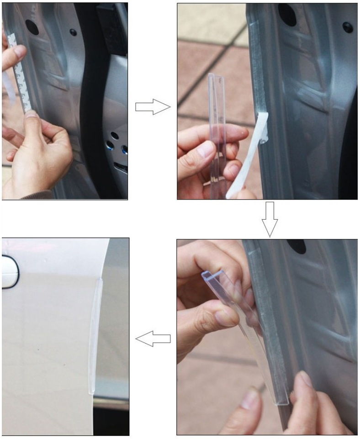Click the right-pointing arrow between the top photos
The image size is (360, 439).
click(153, 107)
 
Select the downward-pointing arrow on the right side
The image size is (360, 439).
click(270, 219)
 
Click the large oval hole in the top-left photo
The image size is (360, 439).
click(32, 27)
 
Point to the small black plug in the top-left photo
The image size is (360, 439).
click(73, 32)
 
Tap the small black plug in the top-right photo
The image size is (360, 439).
click(348, 27)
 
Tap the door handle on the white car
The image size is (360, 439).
click(9, 271)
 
